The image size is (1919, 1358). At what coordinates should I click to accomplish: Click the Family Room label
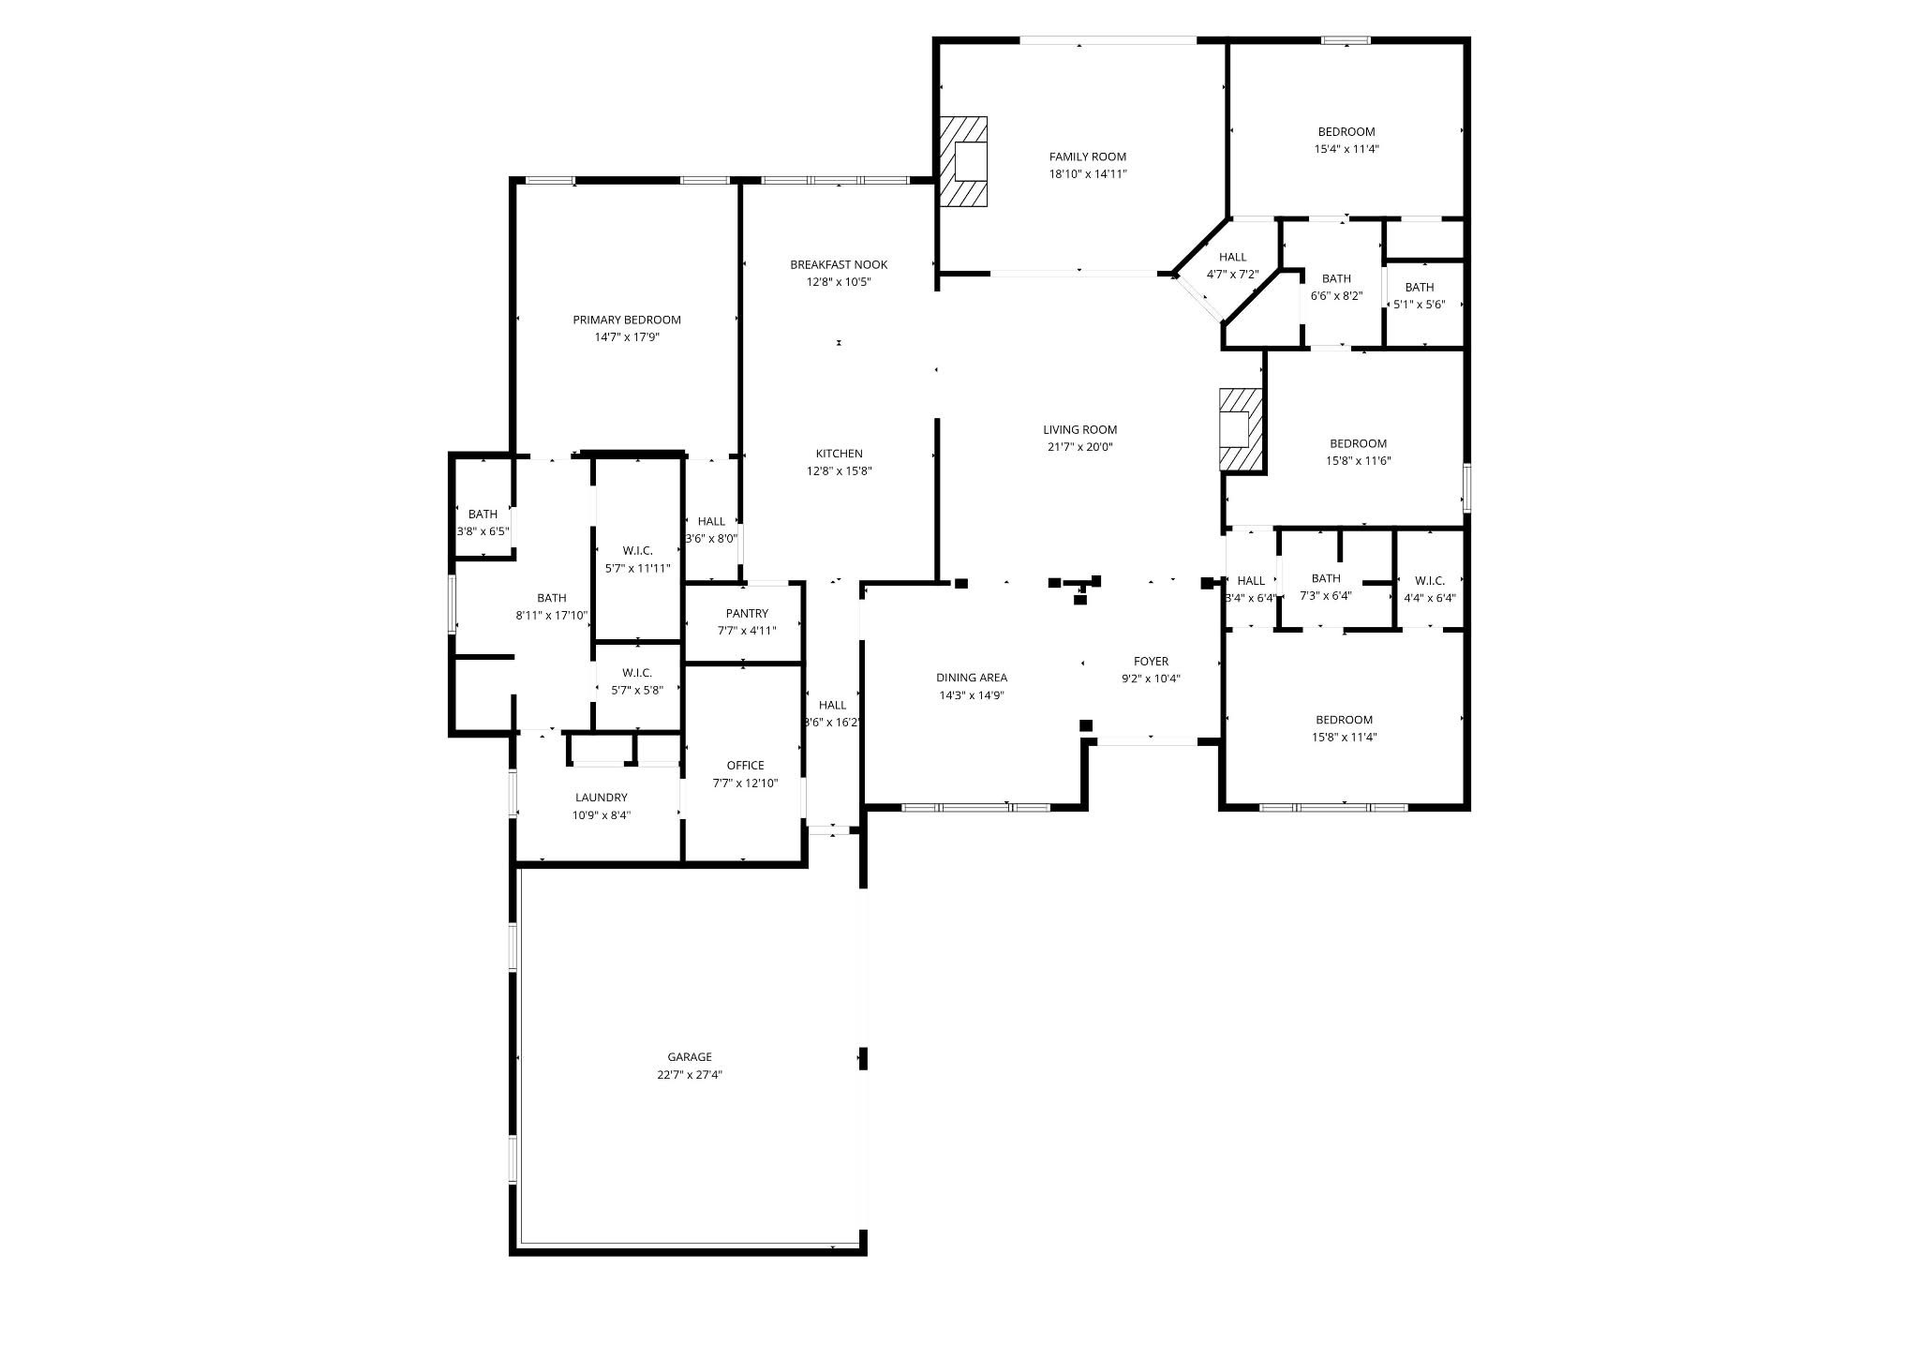coord(1087,157)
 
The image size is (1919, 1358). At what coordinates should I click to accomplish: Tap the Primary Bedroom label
coord(627,320)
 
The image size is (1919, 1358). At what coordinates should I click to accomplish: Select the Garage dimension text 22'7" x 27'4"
coord(690,1075)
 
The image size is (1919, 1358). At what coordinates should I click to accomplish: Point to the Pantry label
coord(747,613)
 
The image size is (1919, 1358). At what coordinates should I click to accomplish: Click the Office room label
coord(745,765)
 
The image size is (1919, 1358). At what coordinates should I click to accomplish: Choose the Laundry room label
coord(602,798)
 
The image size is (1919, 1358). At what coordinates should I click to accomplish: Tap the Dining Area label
coord(972,678)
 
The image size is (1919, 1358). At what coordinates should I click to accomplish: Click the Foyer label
coord(1151,661)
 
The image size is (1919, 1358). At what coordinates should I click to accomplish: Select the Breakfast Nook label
coord(839,264)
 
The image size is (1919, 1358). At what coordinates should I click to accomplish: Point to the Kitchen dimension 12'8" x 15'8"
coord(839,471)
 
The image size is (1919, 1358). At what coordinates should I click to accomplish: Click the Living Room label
coord(1080,429)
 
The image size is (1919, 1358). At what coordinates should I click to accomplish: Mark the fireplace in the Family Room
coord(964,161)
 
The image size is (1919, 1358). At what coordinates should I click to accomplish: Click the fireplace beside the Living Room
coord(1242,429)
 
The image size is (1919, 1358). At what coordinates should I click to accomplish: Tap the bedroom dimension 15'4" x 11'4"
coord(1346,149)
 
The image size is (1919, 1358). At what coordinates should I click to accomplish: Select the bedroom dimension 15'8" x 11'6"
coord(1358,461)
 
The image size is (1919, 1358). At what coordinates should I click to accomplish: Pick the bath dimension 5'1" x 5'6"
coord(1420,305)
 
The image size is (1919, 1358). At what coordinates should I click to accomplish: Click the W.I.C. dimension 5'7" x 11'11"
coord(637,568)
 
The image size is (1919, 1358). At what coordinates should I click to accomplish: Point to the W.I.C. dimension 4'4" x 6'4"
coord(1430,598)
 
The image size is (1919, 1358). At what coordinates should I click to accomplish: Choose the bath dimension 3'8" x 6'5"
coord(483,531)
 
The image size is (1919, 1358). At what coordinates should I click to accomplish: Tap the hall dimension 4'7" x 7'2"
coord(1232,275)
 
